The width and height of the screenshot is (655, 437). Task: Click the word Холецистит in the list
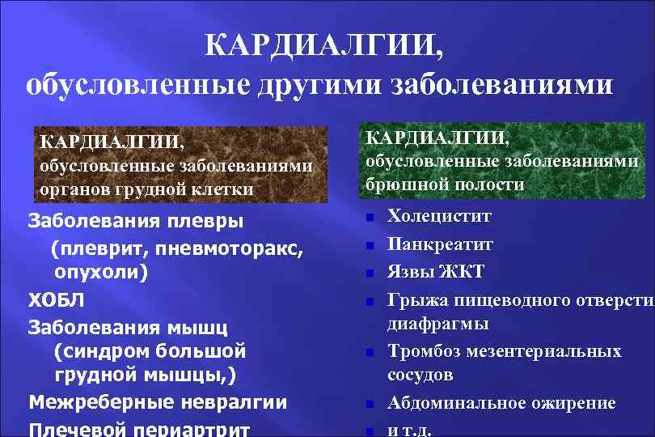tap(439, 217)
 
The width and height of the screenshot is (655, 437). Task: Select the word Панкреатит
tap(440, 244)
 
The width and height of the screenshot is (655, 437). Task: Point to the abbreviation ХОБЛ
tap(56, 300)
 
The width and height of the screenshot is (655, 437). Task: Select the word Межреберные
tap(99, 401)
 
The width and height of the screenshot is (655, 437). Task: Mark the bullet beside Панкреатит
tap(368, 245)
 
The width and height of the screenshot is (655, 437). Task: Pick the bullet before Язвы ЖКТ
tap(368, 272)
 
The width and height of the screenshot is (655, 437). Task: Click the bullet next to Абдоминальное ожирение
tap(368, 404)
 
